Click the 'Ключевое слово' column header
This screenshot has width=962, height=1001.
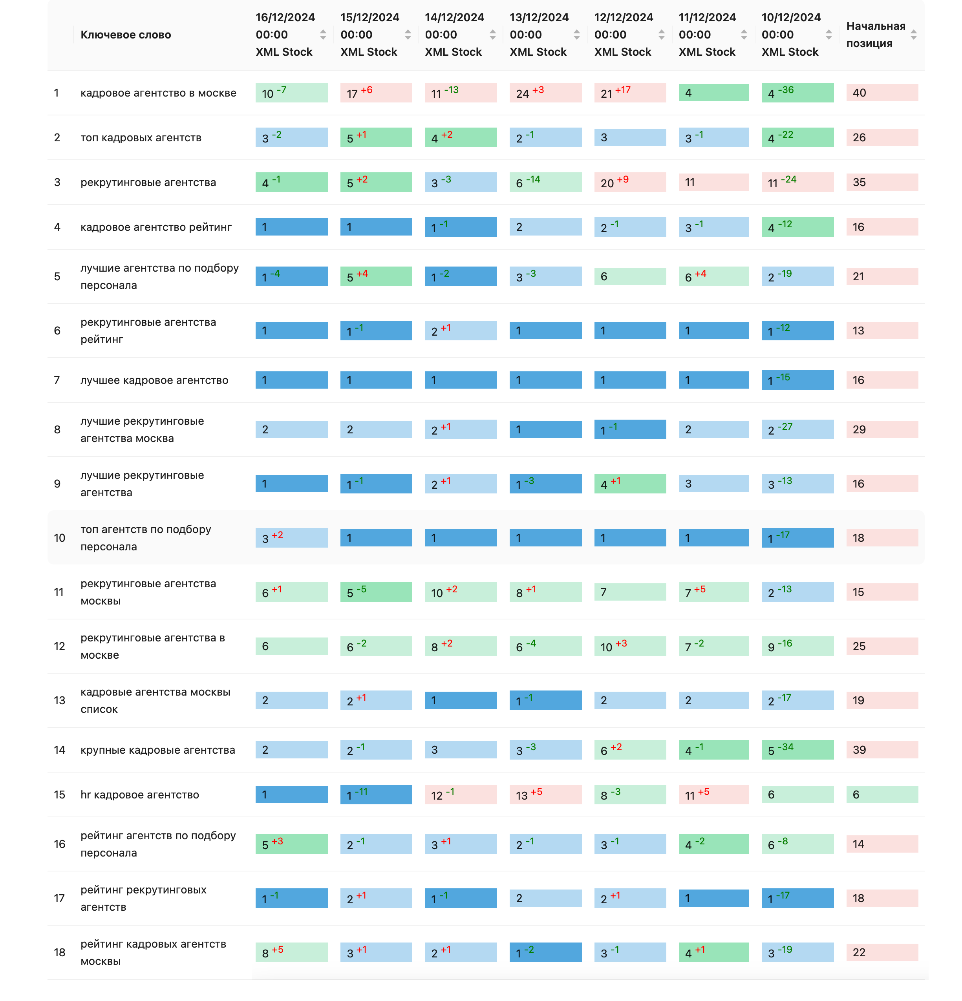coord(125,35)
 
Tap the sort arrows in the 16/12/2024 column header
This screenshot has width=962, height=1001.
coord(323,35)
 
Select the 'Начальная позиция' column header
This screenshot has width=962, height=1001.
coord(875,35)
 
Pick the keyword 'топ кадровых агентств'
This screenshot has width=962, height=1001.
coord(141,137)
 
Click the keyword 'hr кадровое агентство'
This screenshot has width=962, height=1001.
coord(139,795)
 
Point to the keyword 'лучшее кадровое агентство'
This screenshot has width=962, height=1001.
coord(154,380)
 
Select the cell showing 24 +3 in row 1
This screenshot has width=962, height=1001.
coord(545,92)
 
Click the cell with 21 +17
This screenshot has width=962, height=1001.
coord(630,92)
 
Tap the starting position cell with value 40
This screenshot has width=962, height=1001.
coord(882,92)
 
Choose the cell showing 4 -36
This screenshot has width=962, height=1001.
coord(797,92)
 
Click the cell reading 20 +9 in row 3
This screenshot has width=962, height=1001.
coord(630,182)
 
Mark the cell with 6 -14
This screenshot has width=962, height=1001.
coord(545,182)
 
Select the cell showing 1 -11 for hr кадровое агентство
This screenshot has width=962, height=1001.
coord(376,795)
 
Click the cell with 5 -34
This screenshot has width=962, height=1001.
coord(797,750)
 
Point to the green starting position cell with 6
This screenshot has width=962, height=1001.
coord(882,795)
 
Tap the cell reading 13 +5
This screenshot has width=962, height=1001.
coord(545,795)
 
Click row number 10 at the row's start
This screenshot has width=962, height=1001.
coord(59,538)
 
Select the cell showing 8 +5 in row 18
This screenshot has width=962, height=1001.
coord(291,952)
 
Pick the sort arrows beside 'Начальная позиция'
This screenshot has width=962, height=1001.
coord(913,35)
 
